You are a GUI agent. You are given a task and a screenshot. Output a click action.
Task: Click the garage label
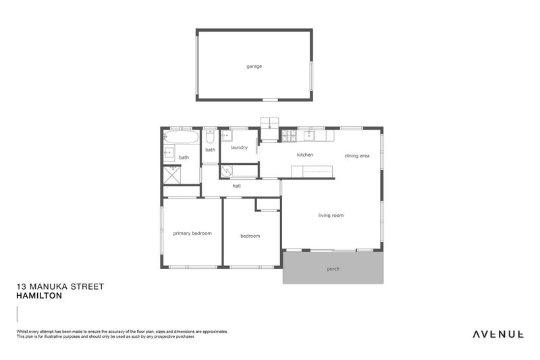(x=254, y=66)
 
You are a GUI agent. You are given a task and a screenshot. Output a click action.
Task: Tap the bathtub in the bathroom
(x=181, y=138)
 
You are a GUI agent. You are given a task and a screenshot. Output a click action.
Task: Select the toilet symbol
(x=210, y=136)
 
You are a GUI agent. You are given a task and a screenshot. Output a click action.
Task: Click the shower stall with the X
(x=171, y=175)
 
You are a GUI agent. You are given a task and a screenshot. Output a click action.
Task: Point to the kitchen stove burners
(x=290, y=136)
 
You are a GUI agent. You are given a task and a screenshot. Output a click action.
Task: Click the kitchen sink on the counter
(x=309, y=136)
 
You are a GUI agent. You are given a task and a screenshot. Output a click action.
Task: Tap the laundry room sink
(x=226, y=135)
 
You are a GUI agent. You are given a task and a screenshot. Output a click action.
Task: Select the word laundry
(x=239, y=147)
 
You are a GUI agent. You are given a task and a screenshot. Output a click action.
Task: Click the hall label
(x=237, y=186)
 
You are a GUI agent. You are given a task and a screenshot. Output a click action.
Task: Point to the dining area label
(x=357, y=156)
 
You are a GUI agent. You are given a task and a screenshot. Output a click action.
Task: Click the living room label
(x=331, y=215)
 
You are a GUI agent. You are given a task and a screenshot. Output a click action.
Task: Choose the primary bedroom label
(x=192, y=233)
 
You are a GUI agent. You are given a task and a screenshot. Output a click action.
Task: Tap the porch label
(x=333, y=269)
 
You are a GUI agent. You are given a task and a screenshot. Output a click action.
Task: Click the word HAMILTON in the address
(x=39, y=296)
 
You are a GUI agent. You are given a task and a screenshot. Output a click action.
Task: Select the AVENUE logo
(x=498, y=334)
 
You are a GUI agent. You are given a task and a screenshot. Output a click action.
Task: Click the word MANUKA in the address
(x=49, y=286)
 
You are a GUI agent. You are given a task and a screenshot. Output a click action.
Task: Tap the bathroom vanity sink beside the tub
(x=169, y=152)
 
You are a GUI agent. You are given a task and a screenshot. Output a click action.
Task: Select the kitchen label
(x=305, y=155)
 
